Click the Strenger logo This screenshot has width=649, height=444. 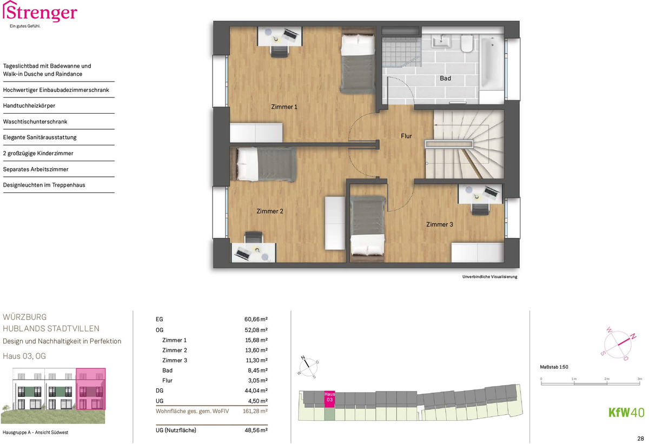39,14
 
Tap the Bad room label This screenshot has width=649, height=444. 445,78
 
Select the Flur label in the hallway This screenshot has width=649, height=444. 406,136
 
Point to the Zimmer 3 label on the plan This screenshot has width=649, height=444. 440,224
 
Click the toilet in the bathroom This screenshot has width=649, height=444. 467,43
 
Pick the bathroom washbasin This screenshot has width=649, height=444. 441,41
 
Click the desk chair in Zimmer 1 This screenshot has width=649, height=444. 280,52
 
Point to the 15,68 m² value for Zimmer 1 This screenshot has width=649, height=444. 256,340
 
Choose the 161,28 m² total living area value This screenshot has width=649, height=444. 255,411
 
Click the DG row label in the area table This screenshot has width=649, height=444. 160,390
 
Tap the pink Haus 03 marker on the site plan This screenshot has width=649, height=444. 329,400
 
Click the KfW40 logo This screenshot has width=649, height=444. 626,413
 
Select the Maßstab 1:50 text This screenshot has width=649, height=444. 554,367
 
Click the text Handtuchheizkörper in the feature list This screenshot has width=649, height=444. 29,105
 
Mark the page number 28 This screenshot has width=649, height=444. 640,439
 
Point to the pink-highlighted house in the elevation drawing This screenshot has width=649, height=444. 91,389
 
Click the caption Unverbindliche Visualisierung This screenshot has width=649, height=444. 489,277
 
